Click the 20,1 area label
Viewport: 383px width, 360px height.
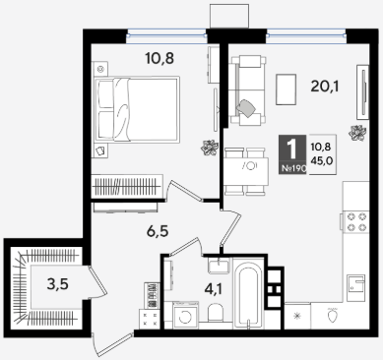(x=325, y=87)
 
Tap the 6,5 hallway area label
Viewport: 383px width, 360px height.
(x=158, y=231)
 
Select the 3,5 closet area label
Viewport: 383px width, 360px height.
(x=58, y=284)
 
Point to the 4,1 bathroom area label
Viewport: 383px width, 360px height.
(x=214, y=289)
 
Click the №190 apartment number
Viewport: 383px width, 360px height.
(x=293, y=169)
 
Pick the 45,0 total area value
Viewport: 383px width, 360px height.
(x=323, y=161)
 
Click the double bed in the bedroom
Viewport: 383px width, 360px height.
(x=137, y=110)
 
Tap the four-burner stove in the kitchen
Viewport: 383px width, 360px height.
(x=356, y=222)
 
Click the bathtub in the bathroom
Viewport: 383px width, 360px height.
(x=248, y=293)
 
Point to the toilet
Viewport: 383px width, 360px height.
(x=216, y=313)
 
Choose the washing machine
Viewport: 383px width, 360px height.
(x=186, y=315)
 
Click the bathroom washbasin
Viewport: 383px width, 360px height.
(x=220, y=266)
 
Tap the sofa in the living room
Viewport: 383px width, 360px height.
(x=248, y=90)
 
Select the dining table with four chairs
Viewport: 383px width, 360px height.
(x=246, y=171)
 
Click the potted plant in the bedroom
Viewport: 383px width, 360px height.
(x=210, y=148)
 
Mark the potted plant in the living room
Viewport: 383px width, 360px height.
(x=357, y=133)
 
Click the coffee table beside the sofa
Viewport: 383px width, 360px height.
(x=287, y=90)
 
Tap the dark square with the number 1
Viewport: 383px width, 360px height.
(x=292, y=154)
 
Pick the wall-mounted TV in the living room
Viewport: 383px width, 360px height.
(x=363, y=92)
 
